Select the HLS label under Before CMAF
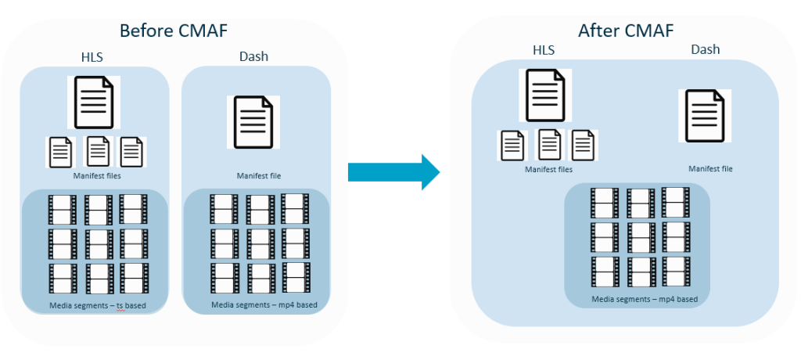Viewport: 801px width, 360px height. [x=93, y=57]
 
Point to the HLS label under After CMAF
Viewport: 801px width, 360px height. [x=545, y=50]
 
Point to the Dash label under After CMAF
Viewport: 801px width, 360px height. [x=705, y=50]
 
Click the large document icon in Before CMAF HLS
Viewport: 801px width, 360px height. [x=94, y=103]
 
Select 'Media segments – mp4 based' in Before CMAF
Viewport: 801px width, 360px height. [x=259, y=304]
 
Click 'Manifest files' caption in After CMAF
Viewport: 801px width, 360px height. [x=548, y=169]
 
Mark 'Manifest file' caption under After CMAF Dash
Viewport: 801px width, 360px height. [x=710, y=169]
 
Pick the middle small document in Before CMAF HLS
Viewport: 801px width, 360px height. [x=98, y=151]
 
